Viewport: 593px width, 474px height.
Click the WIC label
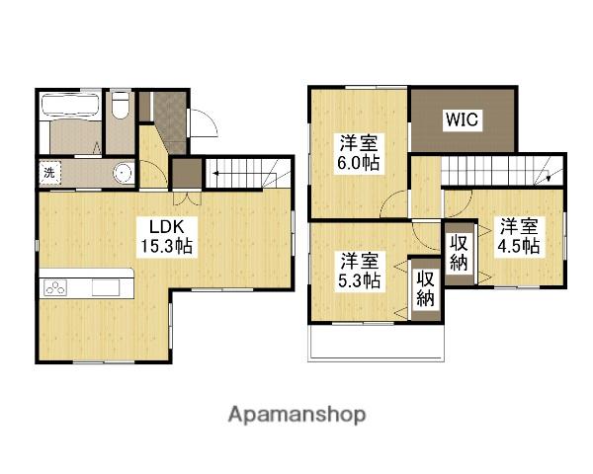tap(463, 119)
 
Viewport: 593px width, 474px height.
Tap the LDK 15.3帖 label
tap(167, 237)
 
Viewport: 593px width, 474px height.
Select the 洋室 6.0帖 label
tap(359, 153)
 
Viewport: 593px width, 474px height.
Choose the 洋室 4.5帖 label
tap(519, 236)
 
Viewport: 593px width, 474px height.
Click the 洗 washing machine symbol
tap(50, 173)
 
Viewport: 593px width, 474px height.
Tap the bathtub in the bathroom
tap(70, 106)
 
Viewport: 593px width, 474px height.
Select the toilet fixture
tap(121, 105)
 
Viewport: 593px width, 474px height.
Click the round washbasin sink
tap(123, 173)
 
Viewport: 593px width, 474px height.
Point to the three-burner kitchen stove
tap(55, 287)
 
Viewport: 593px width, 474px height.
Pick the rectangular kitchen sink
tap(107, 288)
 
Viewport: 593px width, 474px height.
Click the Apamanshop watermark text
tap(296, 415)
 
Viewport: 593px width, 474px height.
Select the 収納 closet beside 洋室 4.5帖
tap(460, 253)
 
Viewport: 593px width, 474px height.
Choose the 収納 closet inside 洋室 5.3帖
tap(425, 289)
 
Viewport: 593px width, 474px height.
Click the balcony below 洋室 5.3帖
tap(376, 342)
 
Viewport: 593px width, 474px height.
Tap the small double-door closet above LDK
tap(187, 173)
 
